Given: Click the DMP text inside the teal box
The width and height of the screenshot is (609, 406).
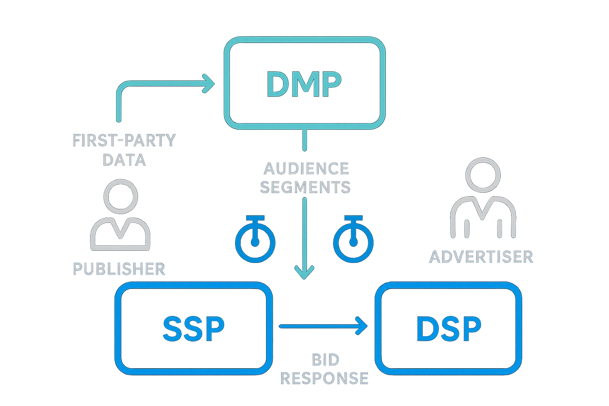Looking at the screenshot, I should click(304, 84).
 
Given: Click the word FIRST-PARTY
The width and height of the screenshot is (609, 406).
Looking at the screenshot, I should click(124, 141).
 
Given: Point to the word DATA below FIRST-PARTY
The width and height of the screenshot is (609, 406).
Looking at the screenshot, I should click(124, 160).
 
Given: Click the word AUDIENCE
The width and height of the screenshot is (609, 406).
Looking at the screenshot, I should click(306, 169).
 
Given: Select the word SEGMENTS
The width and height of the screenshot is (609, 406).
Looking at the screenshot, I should click(305, 187).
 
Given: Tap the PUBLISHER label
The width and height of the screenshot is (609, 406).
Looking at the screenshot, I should click(119, 269).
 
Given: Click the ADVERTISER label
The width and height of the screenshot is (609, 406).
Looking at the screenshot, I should click(481, 257).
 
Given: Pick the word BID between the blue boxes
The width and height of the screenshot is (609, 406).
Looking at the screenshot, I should click(326, 360).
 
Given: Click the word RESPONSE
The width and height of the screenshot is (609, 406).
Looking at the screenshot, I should click(324, 378).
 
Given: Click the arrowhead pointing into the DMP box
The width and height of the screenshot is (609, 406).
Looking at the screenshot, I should click(209, 84).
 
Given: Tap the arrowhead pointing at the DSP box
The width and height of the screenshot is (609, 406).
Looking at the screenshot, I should click(361, 326).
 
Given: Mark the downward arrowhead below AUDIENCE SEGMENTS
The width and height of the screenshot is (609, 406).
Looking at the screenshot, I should click(304, 273).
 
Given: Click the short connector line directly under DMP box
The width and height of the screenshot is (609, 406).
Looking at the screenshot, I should click(304, 140).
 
